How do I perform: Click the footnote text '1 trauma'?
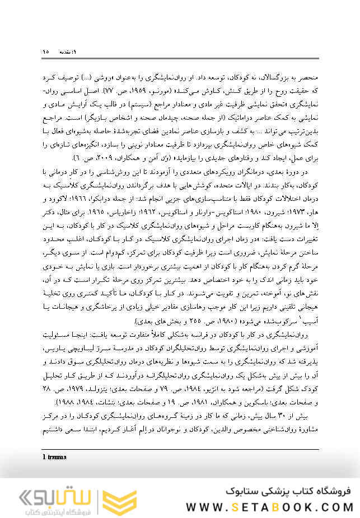[x=54, y=456]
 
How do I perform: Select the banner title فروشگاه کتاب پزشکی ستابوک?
[x=288, y=491]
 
